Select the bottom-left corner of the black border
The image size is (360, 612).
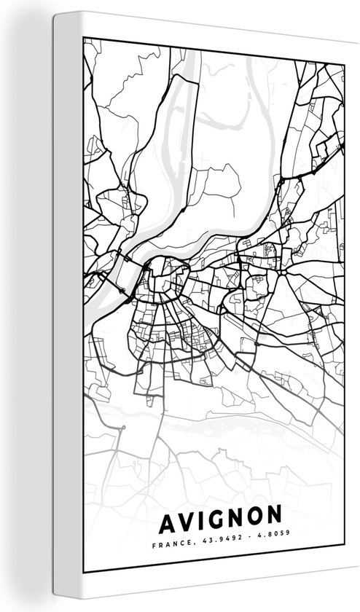(85, 569)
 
